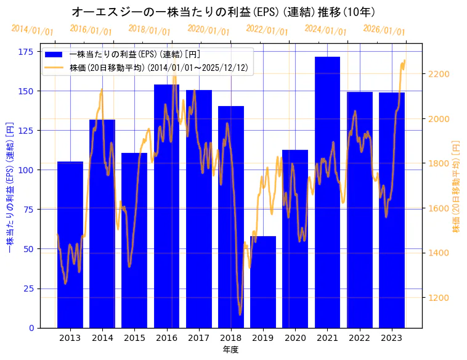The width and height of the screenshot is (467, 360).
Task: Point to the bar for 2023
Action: coord(392,210)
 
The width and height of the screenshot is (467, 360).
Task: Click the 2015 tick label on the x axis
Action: coord(134,338)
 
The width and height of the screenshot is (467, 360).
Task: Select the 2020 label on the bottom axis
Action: coord(295,338)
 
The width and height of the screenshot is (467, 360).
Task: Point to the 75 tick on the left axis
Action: coord(28,210)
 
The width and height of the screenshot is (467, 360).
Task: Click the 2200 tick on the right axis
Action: coord(439,74)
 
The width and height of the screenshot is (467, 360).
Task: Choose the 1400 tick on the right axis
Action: coord(439,253)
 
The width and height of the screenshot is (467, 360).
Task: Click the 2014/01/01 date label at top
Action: coord(32,30)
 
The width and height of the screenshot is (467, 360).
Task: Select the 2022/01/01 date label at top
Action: coord(267,30)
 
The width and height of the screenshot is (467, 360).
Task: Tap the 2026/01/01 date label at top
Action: coord(384,30)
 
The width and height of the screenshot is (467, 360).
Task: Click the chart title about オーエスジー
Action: coord(223,12)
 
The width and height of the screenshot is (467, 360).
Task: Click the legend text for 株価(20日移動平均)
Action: coord(159,68)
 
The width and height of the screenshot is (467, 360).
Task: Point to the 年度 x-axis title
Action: coord(230,350)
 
